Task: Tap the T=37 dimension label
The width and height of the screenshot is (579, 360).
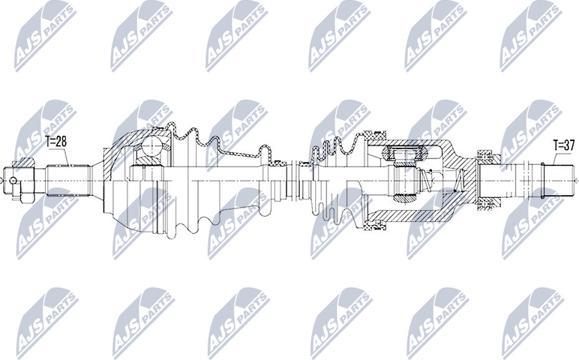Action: tap(564, 145)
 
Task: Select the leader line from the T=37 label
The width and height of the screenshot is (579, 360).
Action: tap(551, 159)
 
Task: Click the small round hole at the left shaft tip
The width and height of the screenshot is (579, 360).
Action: tap(14, 179)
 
